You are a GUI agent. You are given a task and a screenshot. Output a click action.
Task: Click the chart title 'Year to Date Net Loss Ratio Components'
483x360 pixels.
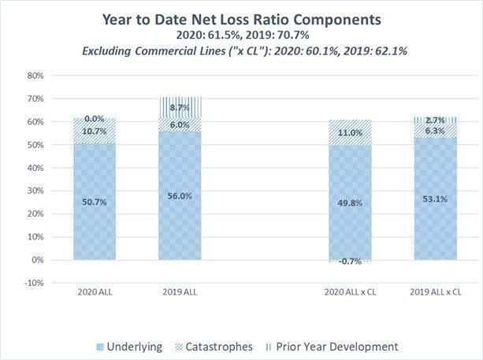tap(241, 20)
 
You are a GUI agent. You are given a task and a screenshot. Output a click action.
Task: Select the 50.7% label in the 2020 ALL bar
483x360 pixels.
tap(94, 202)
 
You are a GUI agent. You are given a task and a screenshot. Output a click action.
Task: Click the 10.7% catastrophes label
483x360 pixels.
tap(94, 131)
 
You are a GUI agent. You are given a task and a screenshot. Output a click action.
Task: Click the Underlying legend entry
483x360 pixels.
tap(130, 345)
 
